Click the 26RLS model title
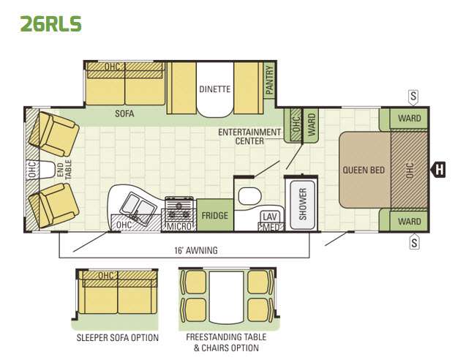coord(50,23)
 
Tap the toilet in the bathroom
coord(249,196)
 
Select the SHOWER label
coord(302,204)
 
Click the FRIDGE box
coord(215,215)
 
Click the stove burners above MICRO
coord(179,209)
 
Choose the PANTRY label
coord(270,80)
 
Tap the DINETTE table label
coord(215,89)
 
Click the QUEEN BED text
coord(364,170)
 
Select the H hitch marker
coord(438,169)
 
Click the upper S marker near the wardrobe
coord(413,97)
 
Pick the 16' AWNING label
coord(196,250)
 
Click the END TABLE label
coord(64,169)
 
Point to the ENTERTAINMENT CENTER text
coord(249,136)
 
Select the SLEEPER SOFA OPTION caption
coord(118,337)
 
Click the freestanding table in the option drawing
coord(226,297)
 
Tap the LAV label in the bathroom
coord(270,217)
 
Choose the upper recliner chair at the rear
coord(54,134)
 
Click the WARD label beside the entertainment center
coord(311,124)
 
